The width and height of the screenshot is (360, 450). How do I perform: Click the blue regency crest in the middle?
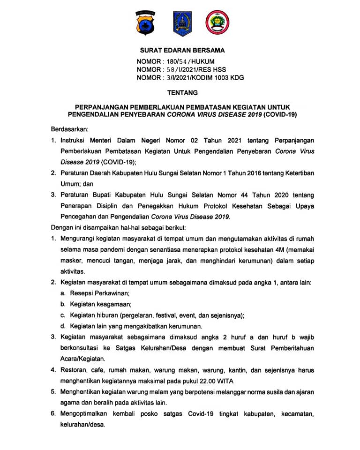pyautogui.click(x=182, y=23)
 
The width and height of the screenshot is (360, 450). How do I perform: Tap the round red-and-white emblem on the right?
pyautogui.click(x=217, y=23)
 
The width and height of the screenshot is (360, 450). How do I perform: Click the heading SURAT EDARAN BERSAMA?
pyautogui.click(x=182, y=50)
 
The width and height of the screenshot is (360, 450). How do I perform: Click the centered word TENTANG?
pyautogui.click(x=182, y=93)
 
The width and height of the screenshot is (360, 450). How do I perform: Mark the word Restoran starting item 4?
pyautogui.click(x=74, y=370)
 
